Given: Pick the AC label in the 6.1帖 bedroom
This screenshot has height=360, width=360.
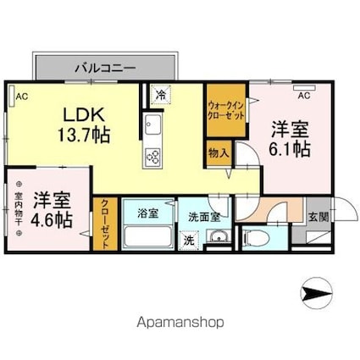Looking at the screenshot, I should (x=302, y=94).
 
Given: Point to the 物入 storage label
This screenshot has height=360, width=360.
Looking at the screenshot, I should (x=217, y=153).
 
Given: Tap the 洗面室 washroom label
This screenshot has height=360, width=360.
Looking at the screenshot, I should (x=205, y=215).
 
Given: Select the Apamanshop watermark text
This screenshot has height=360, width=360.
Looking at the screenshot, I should (x=180, y=323).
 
